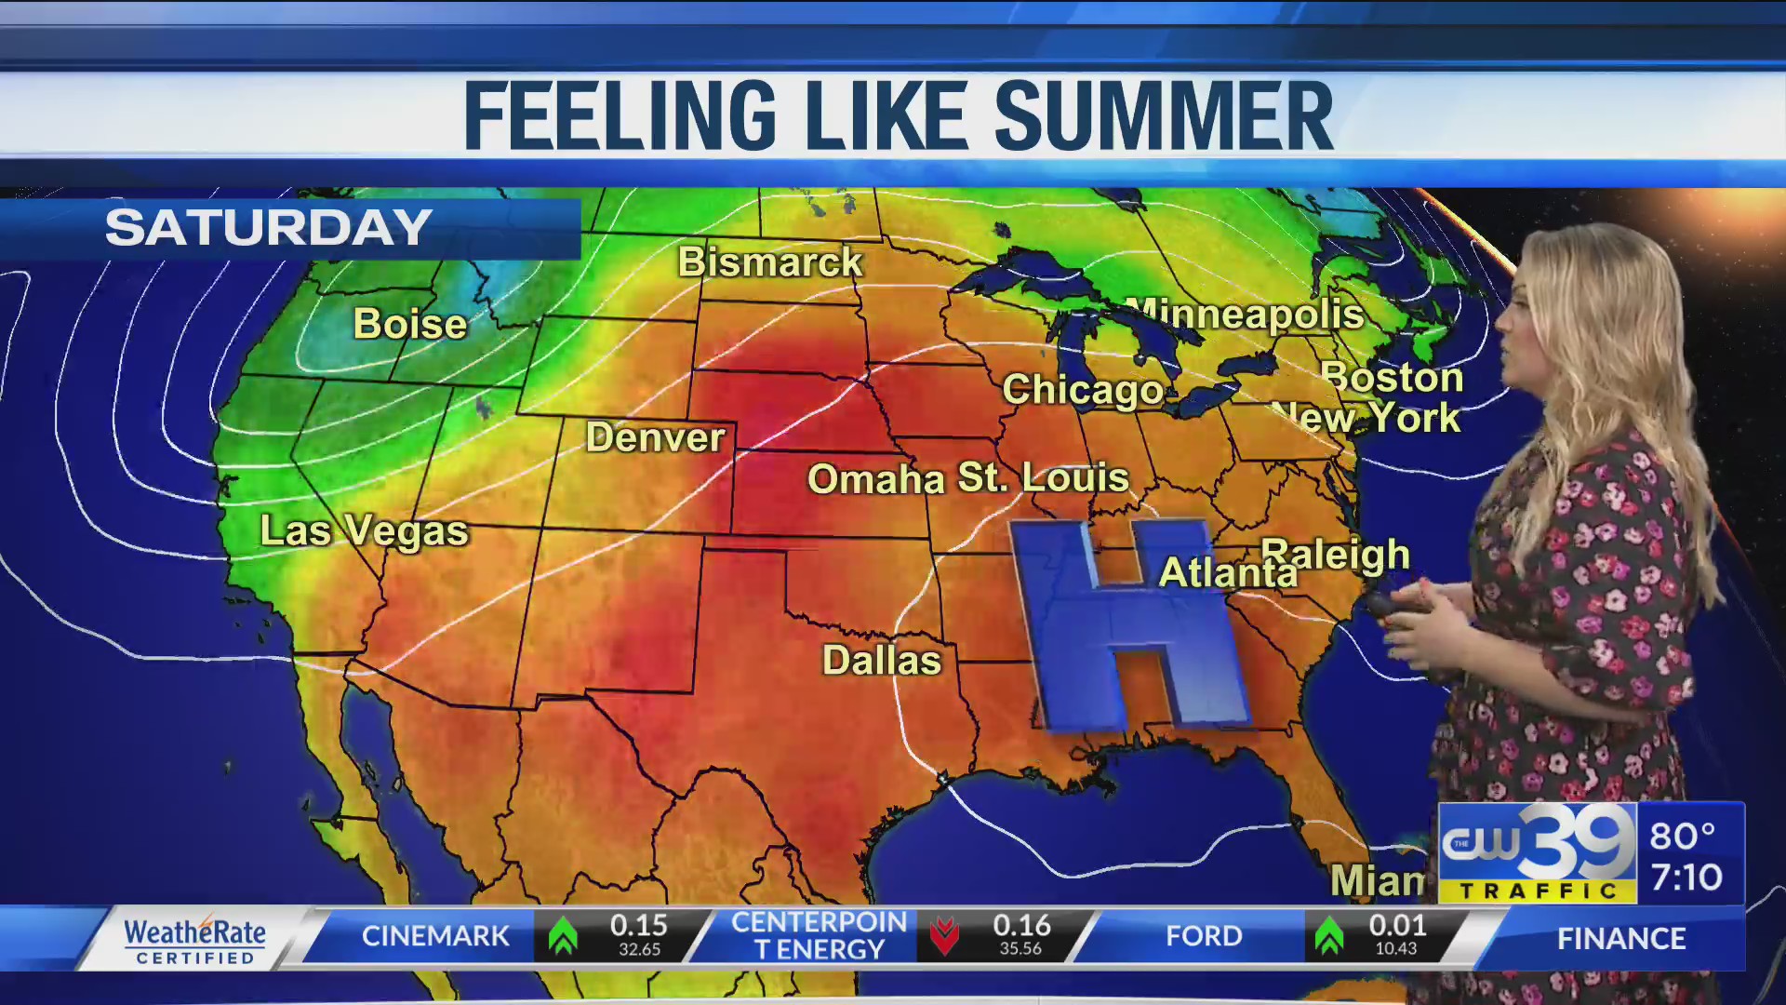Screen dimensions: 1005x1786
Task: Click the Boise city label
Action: [x=410, y=324]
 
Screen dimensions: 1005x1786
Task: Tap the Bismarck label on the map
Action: [x=770, y=262]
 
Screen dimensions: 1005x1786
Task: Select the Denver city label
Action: [x=655, y=437]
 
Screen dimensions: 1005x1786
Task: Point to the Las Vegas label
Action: [x=364, y=531]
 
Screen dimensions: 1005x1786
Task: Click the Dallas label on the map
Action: [x=882, y=661]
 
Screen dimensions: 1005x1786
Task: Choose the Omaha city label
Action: [x=875, y=479]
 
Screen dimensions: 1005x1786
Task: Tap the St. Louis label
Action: [x=1044, y=477]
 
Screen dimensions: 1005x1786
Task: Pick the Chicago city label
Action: [x=1083, y=390]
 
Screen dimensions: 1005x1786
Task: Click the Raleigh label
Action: [x=1336, y=555]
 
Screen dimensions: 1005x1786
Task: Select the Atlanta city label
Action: [x=1228, y=573]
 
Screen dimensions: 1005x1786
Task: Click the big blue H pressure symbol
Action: [x=1127, y=623]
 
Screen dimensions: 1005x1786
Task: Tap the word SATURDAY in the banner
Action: [x=268, y=228]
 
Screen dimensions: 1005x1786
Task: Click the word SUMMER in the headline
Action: [x=1164, y=116]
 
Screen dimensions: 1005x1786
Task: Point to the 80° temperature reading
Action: [x=1682, y=836]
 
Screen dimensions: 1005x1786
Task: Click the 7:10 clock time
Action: [x=1686, y=878]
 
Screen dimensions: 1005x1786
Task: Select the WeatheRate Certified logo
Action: [x=195, y=940]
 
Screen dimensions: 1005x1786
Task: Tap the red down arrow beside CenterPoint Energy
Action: [x=944, y=936]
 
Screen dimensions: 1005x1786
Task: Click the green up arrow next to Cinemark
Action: [x=563, y=936]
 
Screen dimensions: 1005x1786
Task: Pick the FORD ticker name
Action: [x=1204, y=936]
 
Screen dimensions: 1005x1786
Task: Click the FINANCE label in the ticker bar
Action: [x=1621, y=939]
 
